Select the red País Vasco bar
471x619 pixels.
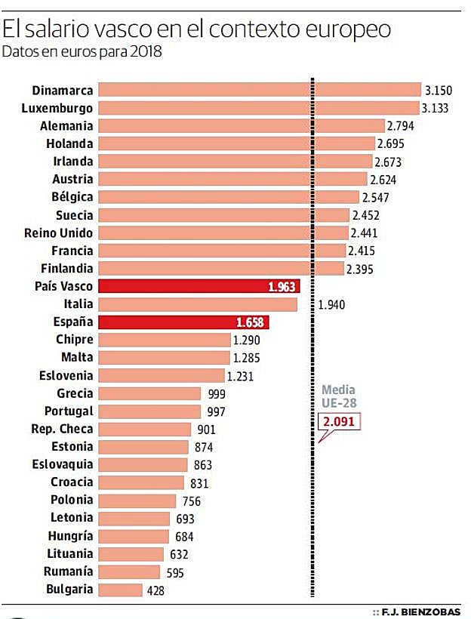pyautogui.click(x=199, y=286)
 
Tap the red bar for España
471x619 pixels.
pyautogui.click(x=184, y=322)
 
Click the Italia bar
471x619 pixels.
pyautogui.click(x=198, y=304)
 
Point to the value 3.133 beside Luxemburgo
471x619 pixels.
pyautogui.click(x=436, y=108)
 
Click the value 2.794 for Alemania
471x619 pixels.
pyautogui.click(x=400, y=126)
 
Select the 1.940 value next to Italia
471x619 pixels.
pyautogui.click(x=332, y=305)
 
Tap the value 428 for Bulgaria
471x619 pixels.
pyautogui.click(x=156, y=590)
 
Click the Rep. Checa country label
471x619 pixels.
pyautogui.click(x=63, y=429)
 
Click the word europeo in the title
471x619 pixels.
pyautogui.click(x=346, y=30)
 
